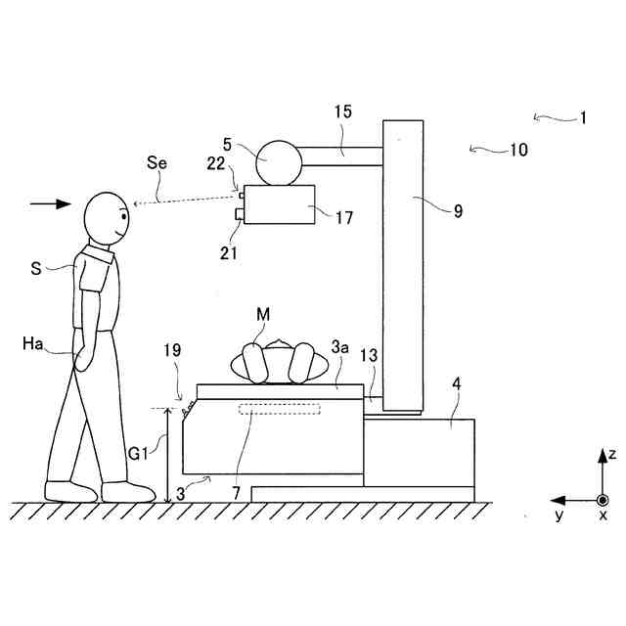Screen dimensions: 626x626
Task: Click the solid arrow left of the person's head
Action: pos(51,203)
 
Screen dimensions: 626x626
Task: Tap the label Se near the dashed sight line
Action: pos(156,162)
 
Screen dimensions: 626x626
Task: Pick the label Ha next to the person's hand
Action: pos(30,344)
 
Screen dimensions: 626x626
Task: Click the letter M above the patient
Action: pos(263,314)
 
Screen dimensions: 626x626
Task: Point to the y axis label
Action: pos(559,514)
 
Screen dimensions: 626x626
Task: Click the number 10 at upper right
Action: pos(517,150)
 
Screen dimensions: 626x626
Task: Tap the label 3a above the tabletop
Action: pos(339,347)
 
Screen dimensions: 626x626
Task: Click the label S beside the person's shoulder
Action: pos(36,267)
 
